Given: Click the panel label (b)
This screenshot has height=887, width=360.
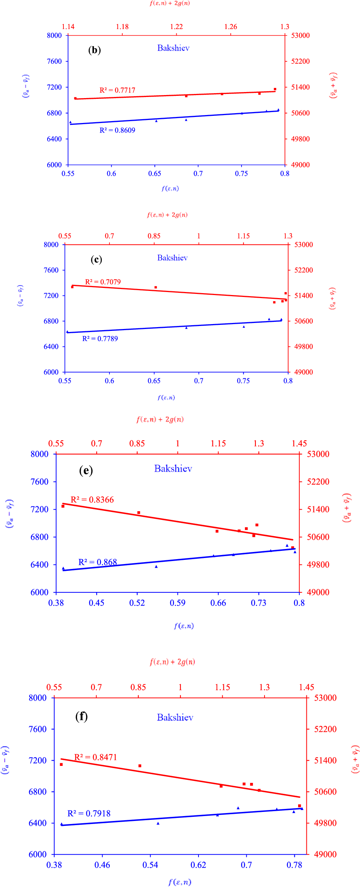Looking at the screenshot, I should click(x=94, y=50).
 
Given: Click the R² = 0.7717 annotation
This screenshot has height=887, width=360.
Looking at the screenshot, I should click(x=117, y=90).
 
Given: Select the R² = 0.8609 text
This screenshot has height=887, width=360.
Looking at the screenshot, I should click(x=117, y=130).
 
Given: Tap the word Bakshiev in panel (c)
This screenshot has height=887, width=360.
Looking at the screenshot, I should click(x=172, y=258).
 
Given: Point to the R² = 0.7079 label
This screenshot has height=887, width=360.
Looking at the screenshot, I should click(x=103, y=282).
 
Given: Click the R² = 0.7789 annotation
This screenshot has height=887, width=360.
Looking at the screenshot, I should click(x=100, y=339).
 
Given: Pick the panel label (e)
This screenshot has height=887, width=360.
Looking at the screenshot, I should click(x=86, y=470).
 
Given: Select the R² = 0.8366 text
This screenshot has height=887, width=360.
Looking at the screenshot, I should click(x=92, y=500).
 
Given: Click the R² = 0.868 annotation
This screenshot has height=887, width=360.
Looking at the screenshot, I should click(x=97, y=562).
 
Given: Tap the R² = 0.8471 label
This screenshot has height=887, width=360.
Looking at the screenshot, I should click(x=95, y=757).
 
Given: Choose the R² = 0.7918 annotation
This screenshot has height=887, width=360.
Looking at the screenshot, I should click(x=89, y=813).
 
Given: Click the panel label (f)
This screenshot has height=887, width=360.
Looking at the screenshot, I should click(x=82, y=716).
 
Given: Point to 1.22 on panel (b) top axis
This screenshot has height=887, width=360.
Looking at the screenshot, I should click(x=176, y=27).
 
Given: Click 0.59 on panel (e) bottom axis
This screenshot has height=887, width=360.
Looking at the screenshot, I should click(x=177, y=603).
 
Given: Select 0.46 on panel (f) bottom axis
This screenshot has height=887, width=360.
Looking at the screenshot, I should click(x=102, y=865).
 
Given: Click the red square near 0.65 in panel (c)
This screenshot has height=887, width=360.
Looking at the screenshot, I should click(x=155, y=287).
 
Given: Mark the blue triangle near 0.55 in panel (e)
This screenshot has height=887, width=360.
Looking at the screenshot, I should click(x=156, y=567).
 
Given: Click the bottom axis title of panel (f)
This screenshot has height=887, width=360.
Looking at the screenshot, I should click(x=180, y=882).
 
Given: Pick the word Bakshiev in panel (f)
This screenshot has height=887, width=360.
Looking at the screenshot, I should click(x=175, y=717).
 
